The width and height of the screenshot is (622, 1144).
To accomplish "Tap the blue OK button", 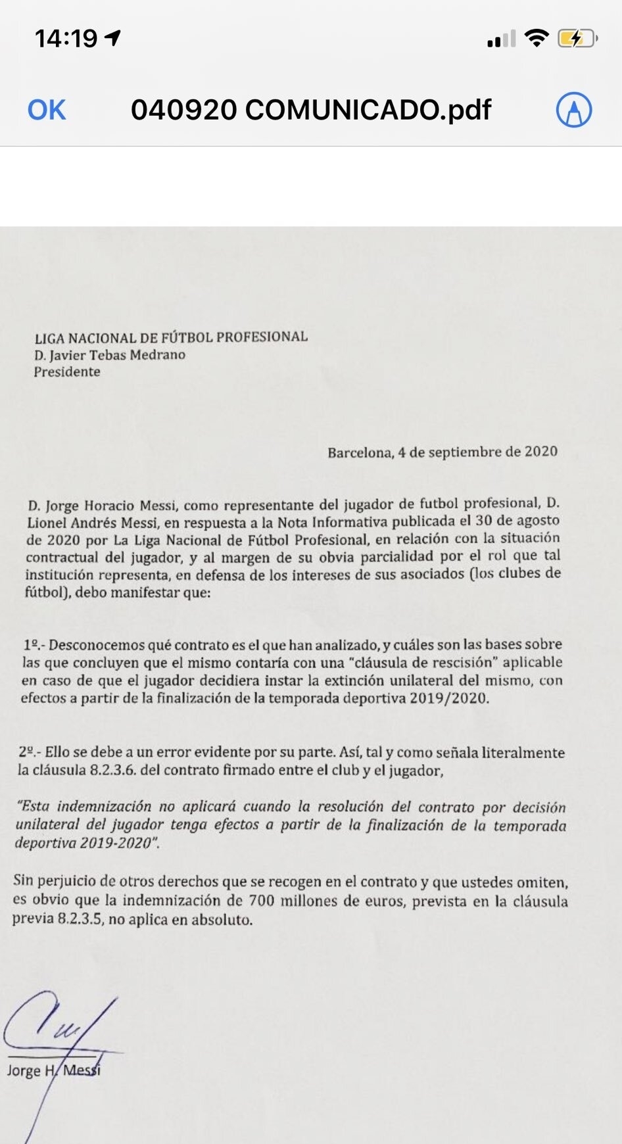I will pyautogui.click(x=47, y=110).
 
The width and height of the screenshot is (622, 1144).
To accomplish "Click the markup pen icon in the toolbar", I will pyautogui.click(x=574, y=110).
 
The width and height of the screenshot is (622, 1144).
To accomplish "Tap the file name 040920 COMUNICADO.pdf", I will pyautogui.click(x=311, y=110).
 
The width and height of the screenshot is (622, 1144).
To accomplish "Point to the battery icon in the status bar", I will pyautogui.click(x=577, y=39).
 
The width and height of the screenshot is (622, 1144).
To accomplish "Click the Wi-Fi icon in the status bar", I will pyautogui.click(x=537, y=39).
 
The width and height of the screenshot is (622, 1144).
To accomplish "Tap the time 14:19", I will pyautogui.click(x=66, y=39).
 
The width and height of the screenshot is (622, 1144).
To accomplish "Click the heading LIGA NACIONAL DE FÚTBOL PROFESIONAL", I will pyautogui.click(x=171, y=337).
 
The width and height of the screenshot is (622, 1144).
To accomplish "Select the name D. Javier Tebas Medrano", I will pyautogui.click(x=110, y=355).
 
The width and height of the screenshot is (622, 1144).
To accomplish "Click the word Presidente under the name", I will pyautogui.click(x=67, y=371).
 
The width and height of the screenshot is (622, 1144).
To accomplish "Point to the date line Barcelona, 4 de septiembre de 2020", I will pyautogui.click(x=443, y=452).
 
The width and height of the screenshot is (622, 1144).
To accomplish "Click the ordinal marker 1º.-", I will pyautogui.click(x=34, y=645).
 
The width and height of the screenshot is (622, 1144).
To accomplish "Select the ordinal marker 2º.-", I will pyautogui.click(x=30, y=752).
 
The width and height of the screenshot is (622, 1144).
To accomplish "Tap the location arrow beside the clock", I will pyautogui.click(x=113, y=38).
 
